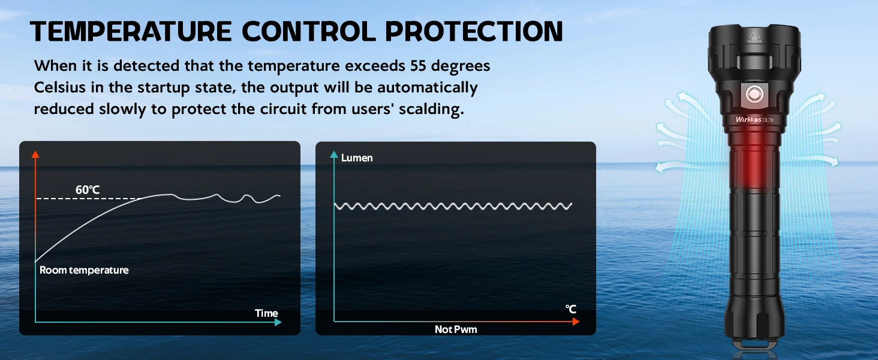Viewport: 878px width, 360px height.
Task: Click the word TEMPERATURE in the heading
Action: (131, 31)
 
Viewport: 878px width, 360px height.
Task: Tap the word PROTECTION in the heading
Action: (474, 31)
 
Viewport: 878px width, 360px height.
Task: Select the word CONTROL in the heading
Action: (308, 31)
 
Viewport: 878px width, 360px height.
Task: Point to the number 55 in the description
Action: (418, 66)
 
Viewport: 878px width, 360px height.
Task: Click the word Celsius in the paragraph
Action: (59, 87)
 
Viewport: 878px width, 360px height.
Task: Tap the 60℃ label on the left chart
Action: (88, 190)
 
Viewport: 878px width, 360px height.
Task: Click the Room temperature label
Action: (84, 270)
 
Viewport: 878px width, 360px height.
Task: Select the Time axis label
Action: (266, 313)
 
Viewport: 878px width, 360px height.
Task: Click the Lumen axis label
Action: (357, 158)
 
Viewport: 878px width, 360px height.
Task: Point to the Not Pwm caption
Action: (456, 329)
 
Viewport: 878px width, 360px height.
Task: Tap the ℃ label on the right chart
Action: (571, 309)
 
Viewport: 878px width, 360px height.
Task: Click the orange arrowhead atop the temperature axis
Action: (35, 154)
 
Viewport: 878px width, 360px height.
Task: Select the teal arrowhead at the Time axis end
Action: (278, 322)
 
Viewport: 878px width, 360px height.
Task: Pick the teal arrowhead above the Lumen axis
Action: (334, 154)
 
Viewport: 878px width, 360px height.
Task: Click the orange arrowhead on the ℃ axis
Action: (576, 322)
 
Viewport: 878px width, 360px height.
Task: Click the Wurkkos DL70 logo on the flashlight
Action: (754, 119)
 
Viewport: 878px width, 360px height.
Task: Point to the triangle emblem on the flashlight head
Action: (754, 36)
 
